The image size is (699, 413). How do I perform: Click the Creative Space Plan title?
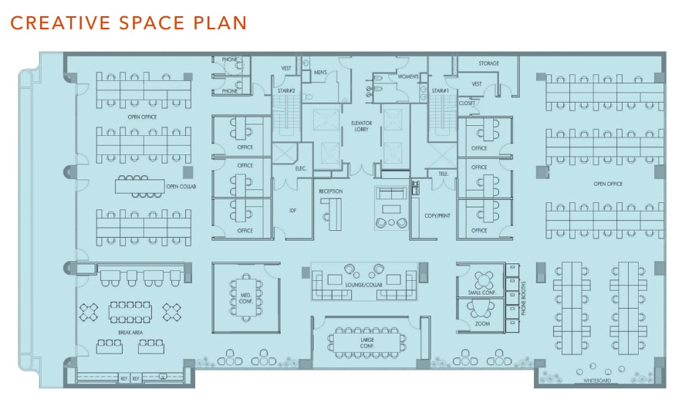tap(128, 22)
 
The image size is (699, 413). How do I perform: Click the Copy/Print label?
tap(437, 216)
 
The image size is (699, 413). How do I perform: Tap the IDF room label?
tap(292, 210)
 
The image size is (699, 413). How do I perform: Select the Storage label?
tap(488, 63)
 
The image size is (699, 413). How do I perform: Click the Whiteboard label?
tap(598, 381)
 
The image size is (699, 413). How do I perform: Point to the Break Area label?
tap(130, 333)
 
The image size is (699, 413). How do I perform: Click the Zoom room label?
tap(483, 324)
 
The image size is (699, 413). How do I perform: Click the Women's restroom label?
tap(408, 76)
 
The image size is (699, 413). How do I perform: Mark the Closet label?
tap(468, 103)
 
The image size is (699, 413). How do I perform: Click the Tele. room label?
tap(442, 174)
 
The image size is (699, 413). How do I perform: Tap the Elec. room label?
tap(301, 168)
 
